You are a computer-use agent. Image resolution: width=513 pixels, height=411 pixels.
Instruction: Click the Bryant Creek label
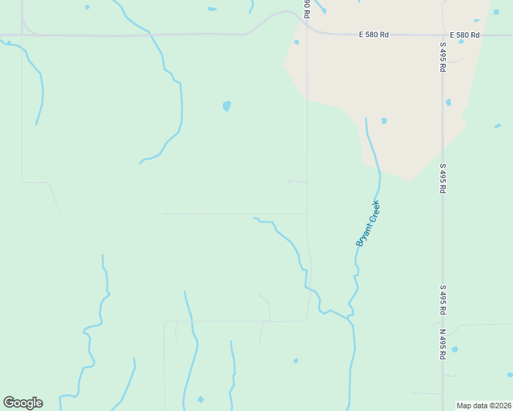368,223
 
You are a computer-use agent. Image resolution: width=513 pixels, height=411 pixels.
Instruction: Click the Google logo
23,403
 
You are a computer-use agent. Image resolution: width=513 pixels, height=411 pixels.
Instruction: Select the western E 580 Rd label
374,34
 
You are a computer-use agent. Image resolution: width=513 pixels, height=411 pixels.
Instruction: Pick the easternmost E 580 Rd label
464,34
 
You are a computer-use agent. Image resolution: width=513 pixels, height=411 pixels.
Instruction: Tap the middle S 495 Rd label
443,178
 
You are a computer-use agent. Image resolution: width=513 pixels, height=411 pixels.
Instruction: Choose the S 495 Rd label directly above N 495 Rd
443,301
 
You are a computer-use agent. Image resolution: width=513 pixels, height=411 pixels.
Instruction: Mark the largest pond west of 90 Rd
226,106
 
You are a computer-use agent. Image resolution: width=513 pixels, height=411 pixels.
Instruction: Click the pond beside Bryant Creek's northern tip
384,121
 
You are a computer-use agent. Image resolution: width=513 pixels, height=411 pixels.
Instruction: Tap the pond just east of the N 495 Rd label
455,349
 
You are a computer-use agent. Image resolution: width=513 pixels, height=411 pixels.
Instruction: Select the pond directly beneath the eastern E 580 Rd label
462,42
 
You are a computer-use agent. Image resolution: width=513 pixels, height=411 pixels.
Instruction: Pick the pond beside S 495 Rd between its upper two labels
448,103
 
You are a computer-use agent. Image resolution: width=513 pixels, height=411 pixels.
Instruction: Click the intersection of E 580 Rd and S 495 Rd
443,34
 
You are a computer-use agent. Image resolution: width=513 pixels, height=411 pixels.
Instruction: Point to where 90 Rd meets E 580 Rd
307,30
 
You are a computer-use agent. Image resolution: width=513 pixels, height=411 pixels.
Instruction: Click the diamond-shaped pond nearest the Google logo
200,399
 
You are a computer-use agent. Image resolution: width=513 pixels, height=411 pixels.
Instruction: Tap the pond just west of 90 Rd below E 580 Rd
296,42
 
